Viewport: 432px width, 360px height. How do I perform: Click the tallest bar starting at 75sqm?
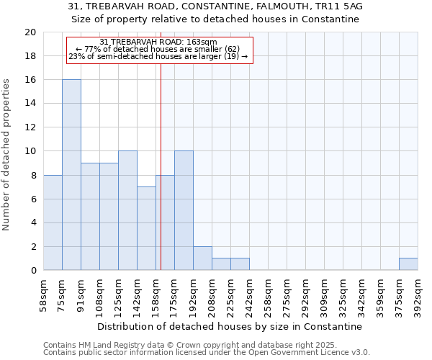71,175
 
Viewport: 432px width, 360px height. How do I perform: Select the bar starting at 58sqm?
53,222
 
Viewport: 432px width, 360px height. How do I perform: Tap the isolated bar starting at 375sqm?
408,264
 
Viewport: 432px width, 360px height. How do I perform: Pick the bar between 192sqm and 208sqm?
202,258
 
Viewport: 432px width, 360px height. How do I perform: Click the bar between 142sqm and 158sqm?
146,228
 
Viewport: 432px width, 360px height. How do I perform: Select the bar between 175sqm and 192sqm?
184,211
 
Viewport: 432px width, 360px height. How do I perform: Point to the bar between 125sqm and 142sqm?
127,211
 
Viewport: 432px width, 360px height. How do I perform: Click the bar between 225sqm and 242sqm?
240,264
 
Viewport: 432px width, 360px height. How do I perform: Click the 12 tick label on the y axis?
30,127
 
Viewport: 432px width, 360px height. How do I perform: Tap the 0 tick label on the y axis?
32,271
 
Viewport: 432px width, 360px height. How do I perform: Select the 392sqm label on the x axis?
418,295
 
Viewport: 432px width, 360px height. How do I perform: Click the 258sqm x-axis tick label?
269,295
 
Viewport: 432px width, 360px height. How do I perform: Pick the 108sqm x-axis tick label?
100,295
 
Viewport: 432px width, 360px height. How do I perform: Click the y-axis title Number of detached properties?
7,155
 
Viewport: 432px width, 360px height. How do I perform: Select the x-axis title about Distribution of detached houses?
230,326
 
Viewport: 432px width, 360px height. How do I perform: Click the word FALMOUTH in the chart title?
280,6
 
